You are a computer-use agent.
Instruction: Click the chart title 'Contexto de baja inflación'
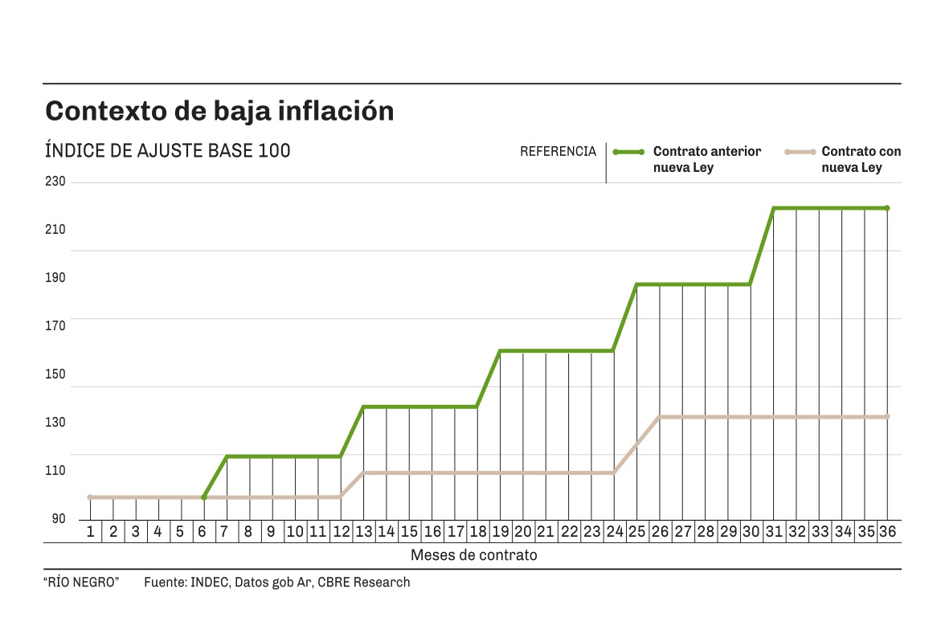(219, 111)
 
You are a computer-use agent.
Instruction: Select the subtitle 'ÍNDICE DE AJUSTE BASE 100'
(168, 151)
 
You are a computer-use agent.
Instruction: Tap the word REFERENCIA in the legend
(558, 151)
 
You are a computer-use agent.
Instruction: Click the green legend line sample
(628, 151)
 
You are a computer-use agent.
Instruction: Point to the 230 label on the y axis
(55, 182)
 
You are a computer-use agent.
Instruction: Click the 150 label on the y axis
(55, 374)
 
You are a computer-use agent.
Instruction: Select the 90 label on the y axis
(59, 518)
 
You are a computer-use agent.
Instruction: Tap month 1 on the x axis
(90, 531)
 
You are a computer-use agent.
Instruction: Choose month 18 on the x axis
(477, 531)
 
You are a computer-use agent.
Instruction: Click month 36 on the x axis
(887, 531)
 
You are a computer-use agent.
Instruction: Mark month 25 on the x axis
(636, 531)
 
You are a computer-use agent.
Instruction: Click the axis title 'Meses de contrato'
(474, 554)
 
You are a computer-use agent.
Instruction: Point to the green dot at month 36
(887, 208)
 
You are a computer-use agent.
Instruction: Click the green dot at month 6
(203, 497)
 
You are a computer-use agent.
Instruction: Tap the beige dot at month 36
(887, 416)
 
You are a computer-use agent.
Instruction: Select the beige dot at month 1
(90, 497)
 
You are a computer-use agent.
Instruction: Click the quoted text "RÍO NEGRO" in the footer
(81, 583)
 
